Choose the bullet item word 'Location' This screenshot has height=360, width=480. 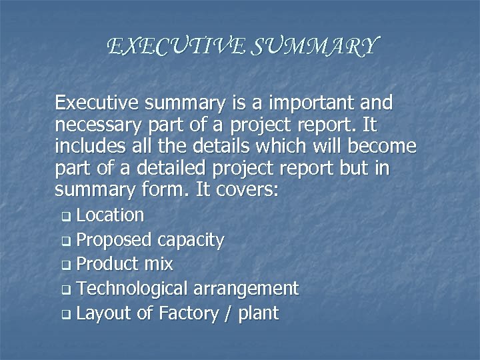[x=110, y=215]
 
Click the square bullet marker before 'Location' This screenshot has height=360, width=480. [x=65, y=217]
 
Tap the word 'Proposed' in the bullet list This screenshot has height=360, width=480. [x=114, y=240]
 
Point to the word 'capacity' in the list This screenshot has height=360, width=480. [x=191, y=240]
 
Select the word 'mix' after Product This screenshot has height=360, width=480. [x=159, y=265]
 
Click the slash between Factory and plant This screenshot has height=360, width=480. [x=229, y=313]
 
